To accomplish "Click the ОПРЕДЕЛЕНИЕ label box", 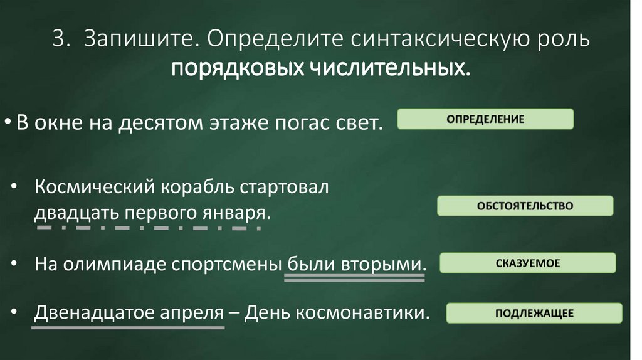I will [486, 119].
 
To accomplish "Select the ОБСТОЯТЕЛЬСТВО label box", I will [525, 206].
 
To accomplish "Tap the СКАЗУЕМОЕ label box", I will [527, 263].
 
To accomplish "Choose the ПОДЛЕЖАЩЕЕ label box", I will [534, 313].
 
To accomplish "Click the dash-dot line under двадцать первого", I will [149, 228].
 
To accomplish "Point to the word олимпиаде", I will [113, 264].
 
